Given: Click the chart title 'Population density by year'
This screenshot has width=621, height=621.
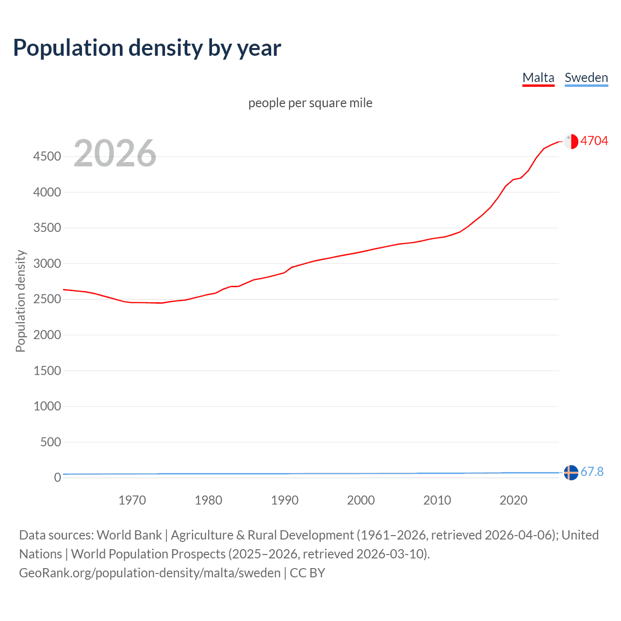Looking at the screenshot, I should pos(147,48).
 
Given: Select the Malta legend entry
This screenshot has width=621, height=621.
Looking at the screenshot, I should pos(538,78).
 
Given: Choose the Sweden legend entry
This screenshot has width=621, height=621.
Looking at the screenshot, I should pos(586,78).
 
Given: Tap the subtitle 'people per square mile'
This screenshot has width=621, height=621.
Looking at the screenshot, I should pos(310,103).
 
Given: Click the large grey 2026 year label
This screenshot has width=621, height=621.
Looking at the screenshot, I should pos(115,153).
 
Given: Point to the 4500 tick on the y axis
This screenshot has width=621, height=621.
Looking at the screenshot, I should pos(47,156).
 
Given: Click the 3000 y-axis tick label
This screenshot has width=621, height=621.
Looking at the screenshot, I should pos(47,263).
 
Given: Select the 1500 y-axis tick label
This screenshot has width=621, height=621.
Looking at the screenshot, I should pos(47,371).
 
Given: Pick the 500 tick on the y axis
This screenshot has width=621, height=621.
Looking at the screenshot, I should pos(50,442).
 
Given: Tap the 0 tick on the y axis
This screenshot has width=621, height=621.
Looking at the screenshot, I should pos(57,477).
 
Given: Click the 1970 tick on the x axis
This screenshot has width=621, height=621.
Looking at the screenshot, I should pos(132,500).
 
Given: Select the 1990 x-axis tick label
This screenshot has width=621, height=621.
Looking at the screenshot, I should pos(285,500).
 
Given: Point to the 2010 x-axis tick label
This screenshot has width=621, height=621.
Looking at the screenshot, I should pos(437,500).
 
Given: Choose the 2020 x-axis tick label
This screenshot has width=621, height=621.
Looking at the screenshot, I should pos(513,500).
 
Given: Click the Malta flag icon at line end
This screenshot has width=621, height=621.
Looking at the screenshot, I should pos(571,141).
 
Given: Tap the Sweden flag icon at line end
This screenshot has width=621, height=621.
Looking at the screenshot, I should pos(571,472).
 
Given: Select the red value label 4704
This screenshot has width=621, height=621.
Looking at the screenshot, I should pos(594,141).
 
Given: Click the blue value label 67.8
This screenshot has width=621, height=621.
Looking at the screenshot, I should pos(592,472).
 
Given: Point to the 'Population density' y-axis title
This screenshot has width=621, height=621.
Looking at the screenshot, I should pos(20,301).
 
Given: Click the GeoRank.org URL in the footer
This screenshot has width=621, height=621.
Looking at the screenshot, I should pos(149,573).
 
